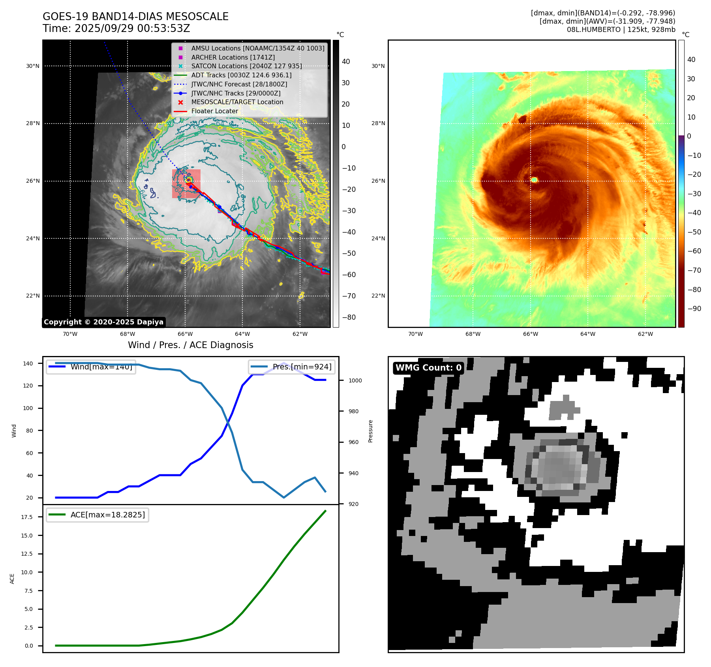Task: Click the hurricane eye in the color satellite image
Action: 534,180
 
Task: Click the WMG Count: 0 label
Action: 428,368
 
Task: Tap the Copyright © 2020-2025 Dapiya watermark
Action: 103,322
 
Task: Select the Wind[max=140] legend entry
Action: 101,367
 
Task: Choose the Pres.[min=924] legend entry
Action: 302,367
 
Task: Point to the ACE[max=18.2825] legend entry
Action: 107,515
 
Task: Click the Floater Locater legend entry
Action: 214,111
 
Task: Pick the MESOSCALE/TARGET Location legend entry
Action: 237,102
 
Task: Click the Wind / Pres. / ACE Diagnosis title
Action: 191,345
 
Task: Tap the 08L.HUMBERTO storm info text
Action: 621,30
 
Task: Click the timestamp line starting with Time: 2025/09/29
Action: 116,28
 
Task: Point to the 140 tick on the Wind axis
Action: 28,363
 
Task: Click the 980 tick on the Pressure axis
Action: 353,411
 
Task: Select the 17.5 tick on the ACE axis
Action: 27,517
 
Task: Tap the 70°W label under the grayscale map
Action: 70,334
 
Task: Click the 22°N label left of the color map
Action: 378,296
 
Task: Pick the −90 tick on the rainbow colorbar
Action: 694,309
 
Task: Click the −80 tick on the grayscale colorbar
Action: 349,317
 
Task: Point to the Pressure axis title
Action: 371,431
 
